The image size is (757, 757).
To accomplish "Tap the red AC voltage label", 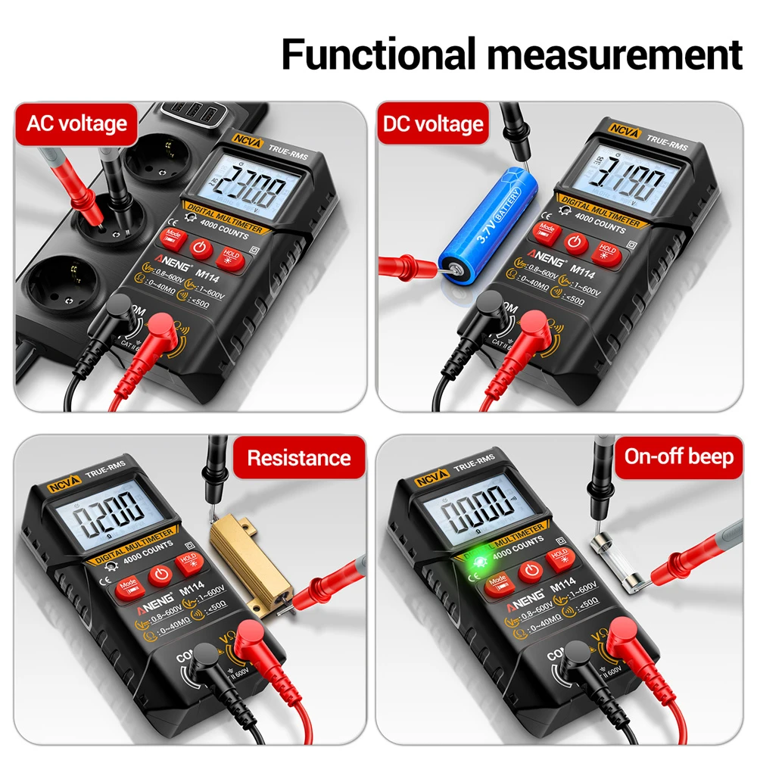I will tap(76, 123).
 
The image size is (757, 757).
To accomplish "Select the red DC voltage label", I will tap(432, 123).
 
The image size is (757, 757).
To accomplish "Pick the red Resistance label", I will tap(298, 457).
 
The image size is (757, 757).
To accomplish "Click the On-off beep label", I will tap(678, 456).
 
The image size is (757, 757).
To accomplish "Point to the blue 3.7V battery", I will tap(485, 216).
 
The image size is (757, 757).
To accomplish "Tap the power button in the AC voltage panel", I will tap(200, 248).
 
